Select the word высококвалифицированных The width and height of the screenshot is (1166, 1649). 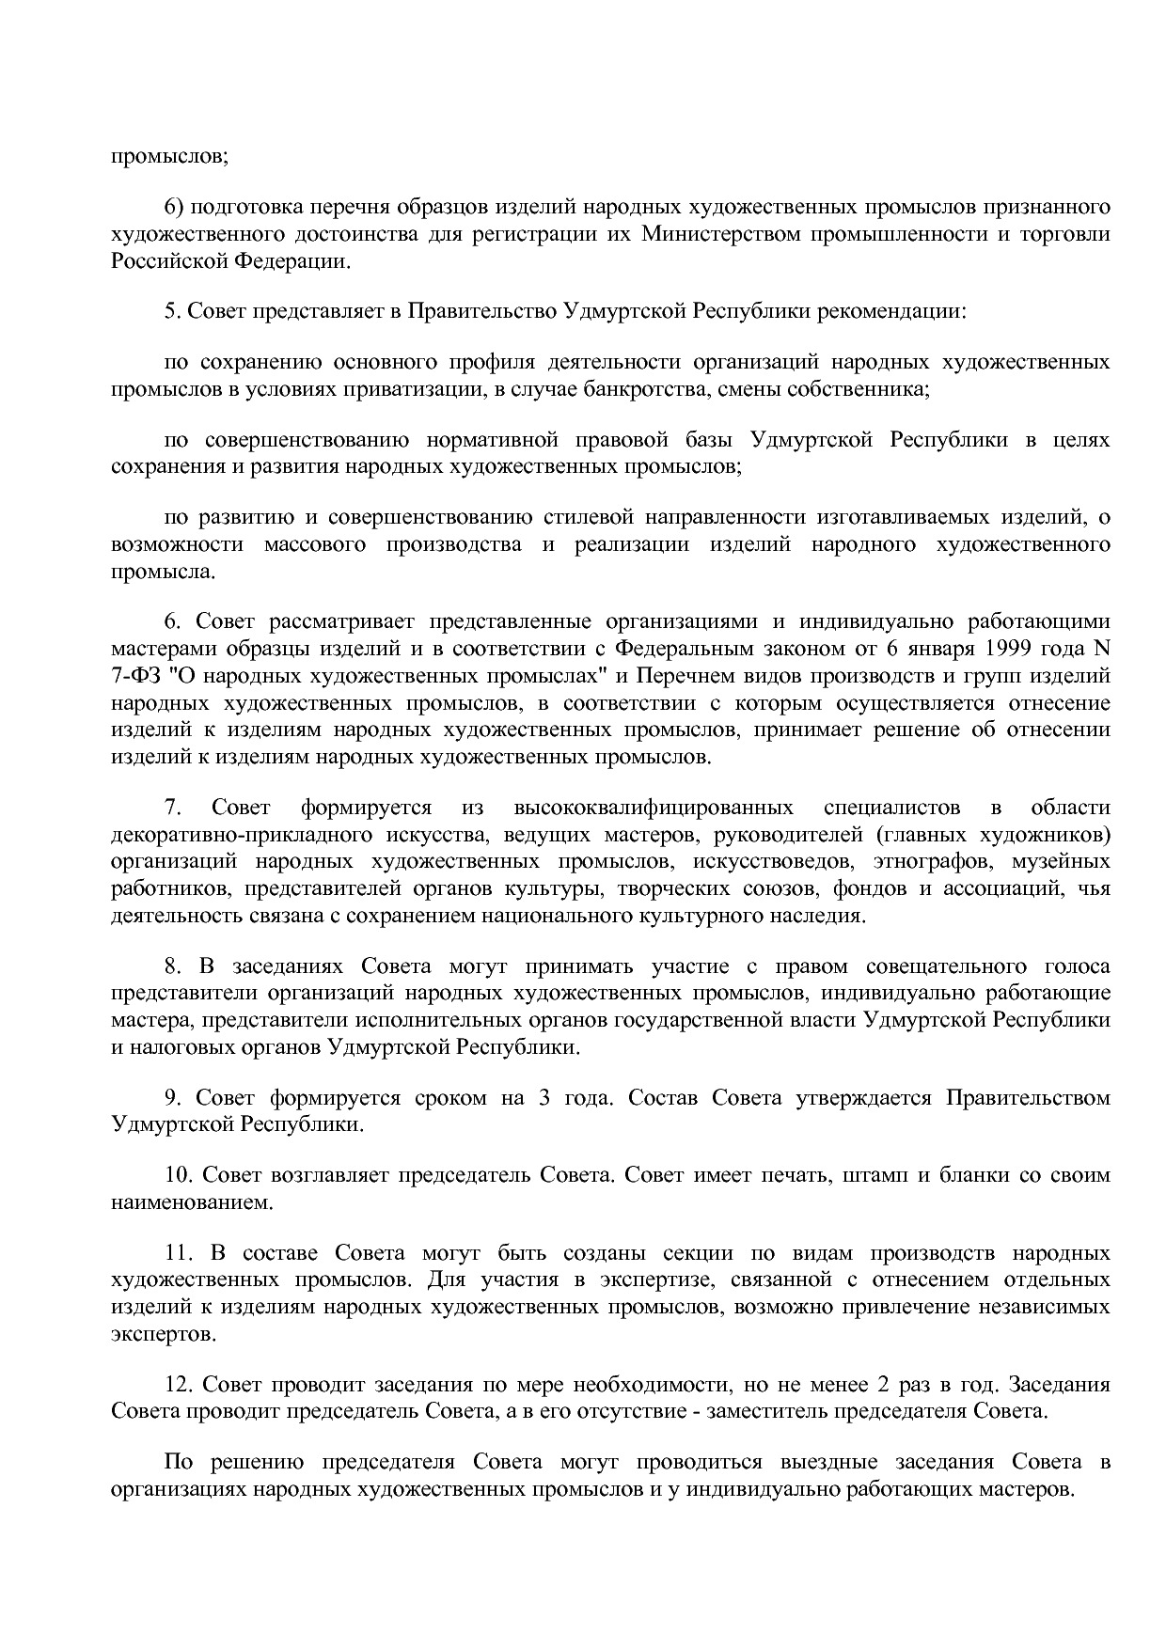point(654,809)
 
